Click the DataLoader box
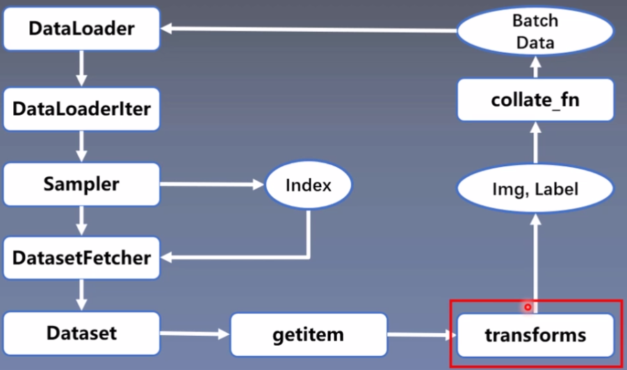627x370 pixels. (x=81, y=30)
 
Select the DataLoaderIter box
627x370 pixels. (x=81, y=109)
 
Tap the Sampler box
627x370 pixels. (x=81, y=185)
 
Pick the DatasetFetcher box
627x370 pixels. (x=81, y=258)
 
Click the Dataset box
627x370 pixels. (x=81, y=333)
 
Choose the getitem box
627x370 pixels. (x=308, y=335)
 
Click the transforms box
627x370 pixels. (x=535, y=335)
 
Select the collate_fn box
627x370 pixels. (x=535, y=100)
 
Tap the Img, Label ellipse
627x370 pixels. (x=535, y=188)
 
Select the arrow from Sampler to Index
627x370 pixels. (x=213, y=185)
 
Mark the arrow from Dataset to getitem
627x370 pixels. (x=195, y=335)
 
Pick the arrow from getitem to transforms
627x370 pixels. (x=421, y=335)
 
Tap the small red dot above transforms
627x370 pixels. (x=528, y=307)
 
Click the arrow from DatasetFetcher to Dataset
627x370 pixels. (x=82, y=295)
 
